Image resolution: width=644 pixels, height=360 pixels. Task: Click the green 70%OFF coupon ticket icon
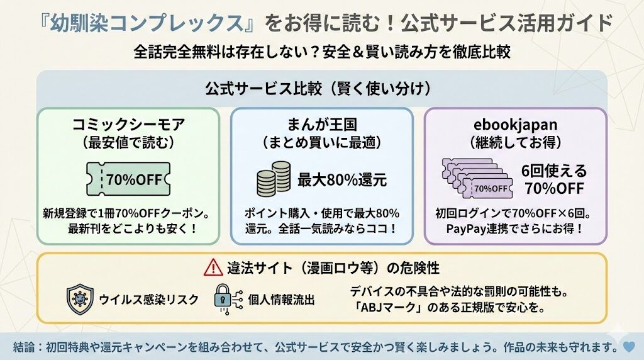(x=128, y=179)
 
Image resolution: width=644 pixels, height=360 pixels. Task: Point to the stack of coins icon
(x=274, y=179)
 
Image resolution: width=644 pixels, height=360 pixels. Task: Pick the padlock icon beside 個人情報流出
(x=224, y=299)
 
